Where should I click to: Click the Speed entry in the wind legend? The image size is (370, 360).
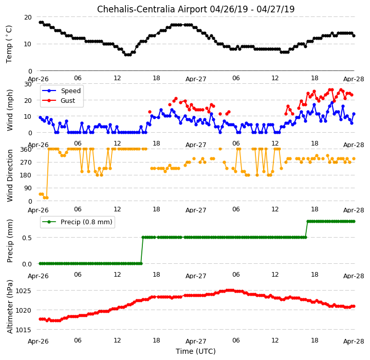click(71, 91)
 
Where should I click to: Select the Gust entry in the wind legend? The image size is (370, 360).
click(68, 101)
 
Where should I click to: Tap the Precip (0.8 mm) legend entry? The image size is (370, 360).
click(86, 222)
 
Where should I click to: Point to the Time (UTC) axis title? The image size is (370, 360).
click(196, 351)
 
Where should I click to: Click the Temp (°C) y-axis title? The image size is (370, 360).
click(9, 44)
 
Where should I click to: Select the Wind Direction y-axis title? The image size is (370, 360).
click(10, 175)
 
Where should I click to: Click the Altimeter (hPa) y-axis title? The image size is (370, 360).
click(10, 307)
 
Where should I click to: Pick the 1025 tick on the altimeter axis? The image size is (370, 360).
click(23, 291)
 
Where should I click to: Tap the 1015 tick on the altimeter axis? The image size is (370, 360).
click(23, 330)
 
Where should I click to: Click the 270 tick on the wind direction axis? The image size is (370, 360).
click(26, 163)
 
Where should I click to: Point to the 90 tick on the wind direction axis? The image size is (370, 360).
click(28, 188)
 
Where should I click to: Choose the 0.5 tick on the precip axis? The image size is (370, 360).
click(27, 238)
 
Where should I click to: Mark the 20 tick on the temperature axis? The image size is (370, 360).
click(28, 17)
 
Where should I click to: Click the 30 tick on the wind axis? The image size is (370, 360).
click(28, 84)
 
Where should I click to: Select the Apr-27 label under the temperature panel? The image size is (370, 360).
click(196, 79)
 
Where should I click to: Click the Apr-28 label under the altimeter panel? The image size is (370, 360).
click(354, 341)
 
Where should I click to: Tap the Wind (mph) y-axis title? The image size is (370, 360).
click(10, 110)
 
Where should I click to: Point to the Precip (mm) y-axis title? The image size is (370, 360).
click(10, 241)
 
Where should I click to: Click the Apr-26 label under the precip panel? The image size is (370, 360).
click(38, 276)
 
